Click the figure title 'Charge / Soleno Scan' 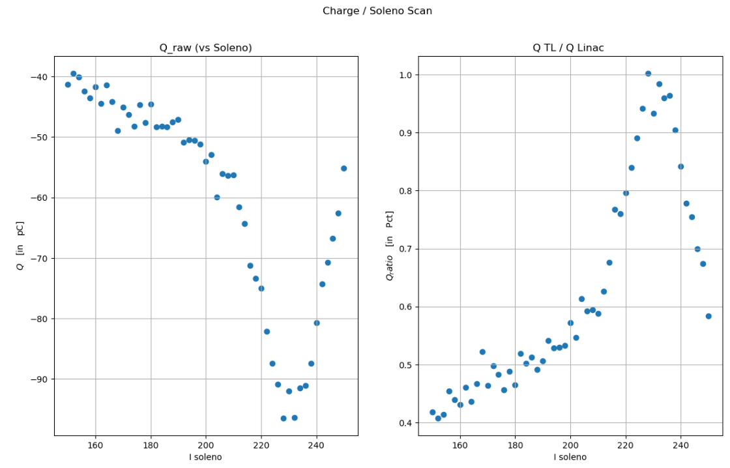(x=377, y=11)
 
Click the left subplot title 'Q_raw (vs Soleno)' (x=205, y=48)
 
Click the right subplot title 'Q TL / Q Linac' (x=568, y=48)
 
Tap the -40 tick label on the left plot (x=38, y=77)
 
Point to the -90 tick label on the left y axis (x=38, y=379)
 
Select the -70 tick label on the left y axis (x=38, y=258)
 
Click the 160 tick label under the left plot (x=96, y=445)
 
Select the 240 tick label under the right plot (x=680, y=445)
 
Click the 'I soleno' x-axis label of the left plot (x=205, y=457)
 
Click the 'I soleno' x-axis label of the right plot (x=570, y=457)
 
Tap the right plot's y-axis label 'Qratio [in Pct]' (x=390, y=246)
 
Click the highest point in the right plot (x=648, y=74)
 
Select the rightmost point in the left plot (x=343, y=168)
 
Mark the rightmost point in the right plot (x=708, y=316)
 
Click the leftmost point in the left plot (x=68, y=85)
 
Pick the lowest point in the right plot (x=438, y=418)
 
